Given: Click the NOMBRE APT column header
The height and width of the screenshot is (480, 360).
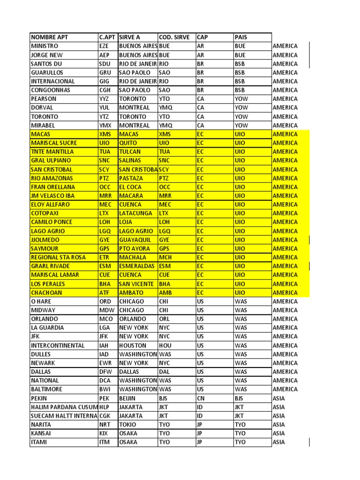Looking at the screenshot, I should (49, 37).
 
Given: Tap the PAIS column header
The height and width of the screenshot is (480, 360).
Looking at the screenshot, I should (241, 37).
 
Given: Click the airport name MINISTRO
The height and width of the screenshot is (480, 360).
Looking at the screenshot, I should (45, 46).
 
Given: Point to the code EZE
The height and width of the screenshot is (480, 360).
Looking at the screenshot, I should (104, 46).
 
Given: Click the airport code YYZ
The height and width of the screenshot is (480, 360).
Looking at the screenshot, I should (104, 99).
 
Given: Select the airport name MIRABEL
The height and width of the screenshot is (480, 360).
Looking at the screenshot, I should (44, 125).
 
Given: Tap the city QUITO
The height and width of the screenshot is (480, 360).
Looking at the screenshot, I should (128, 143).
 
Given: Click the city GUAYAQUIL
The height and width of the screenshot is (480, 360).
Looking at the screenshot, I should (136, 240).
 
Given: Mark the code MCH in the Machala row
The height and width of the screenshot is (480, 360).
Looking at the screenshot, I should (165, 257).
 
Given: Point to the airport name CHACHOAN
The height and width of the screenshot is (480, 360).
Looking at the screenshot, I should (46, 292).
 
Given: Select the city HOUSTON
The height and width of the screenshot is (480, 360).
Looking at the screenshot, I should (133, 345).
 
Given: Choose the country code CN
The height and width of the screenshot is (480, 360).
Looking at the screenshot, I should (201, 398).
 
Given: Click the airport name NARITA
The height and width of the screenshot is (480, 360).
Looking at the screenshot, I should (42, 425).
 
